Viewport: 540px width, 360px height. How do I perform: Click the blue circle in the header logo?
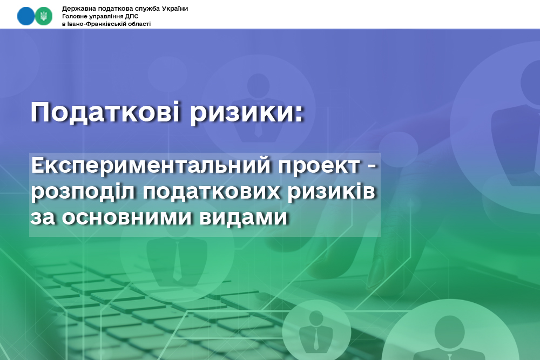pyautogui.click(x=26, y=16)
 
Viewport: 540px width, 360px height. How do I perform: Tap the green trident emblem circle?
pyautogui.click(x=44, y=16)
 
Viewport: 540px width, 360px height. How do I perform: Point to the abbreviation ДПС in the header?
pyautogui.click(x=132, y=16)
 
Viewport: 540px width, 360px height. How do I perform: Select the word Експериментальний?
pyautogui.click(x=151, y=166)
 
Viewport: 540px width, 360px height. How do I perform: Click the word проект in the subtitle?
pyautogui.click(x=319, y=166)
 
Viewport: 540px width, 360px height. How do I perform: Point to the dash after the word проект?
pyautogui.click(x=372, y=167)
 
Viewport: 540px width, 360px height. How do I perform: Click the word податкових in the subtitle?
pyautogui.click(x=212, y=192)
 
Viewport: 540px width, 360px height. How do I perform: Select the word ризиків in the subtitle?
pyautogui.click(x=332, y=192)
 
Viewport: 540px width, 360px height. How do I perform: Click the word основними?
pyautogui.click(x=126, y=218)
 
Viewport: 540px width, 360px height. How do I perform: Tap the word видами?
pyautogui.click(x=243, y=218)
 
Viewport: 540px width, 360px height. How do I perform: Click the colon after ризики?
pyautogui.click(x=299, y=113)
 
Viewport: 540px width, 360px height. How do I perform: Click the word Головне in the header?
pyautogui.click(x=74, y=16)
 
